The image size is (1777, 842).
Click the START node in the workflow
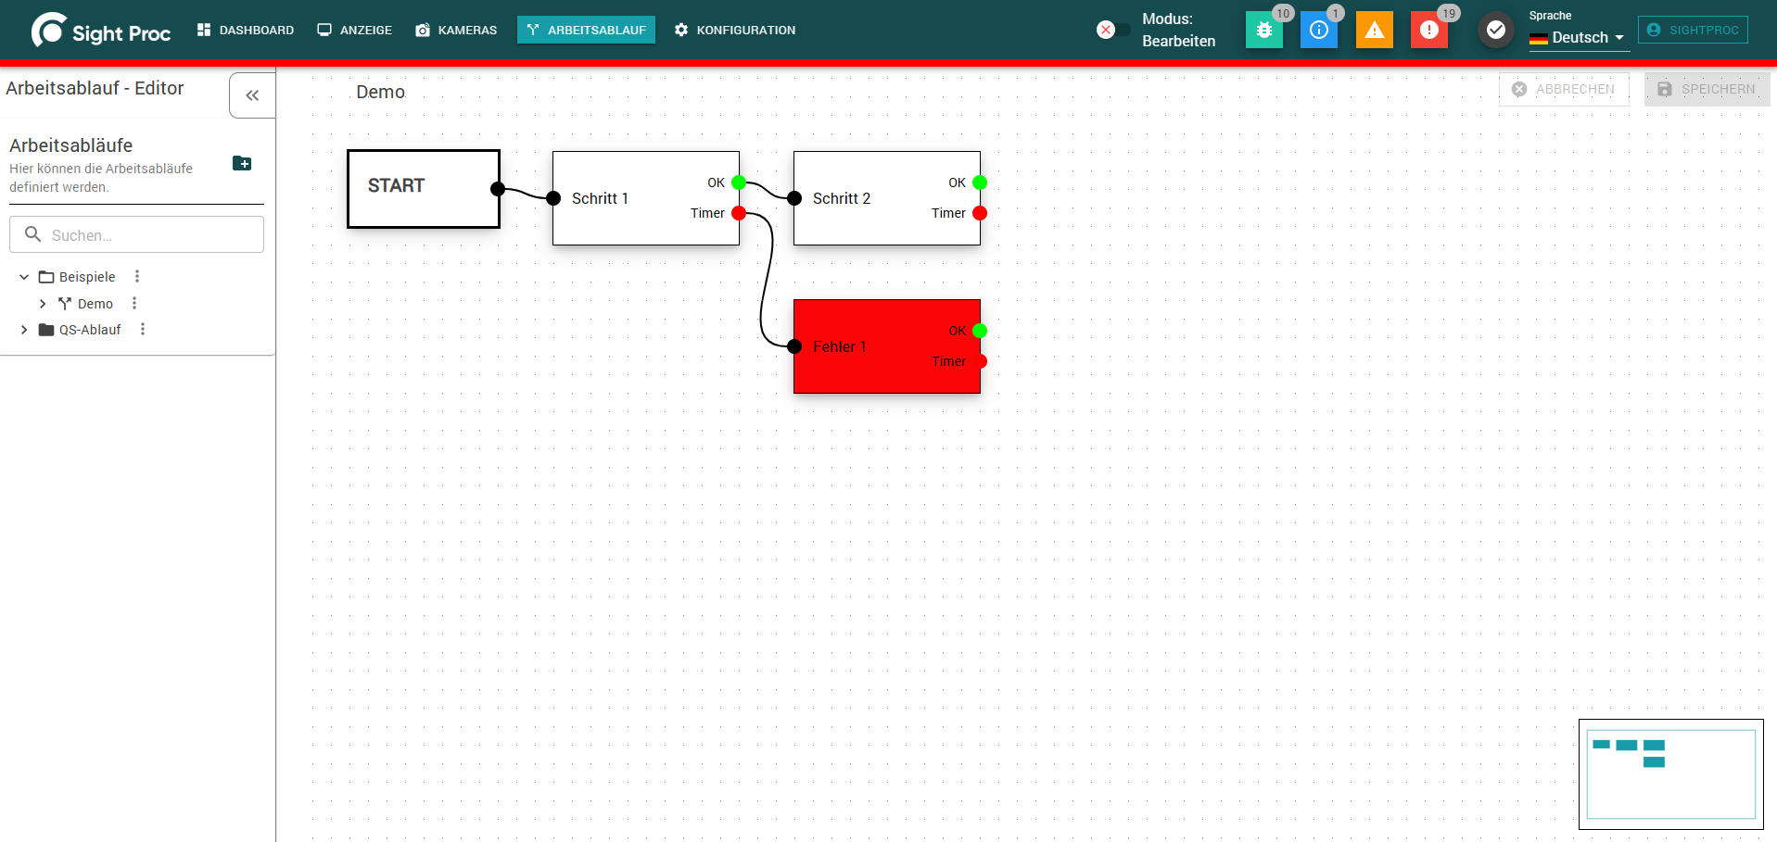pyautogui.click(x=424, y=189)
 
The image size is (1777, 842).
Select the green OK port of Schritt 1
pyautogui.click(x=739, y=182)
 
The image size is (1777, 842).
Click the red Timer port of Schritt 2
pyautogui.click(x=980, y=213)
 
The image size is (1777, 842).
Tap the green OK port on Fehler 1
pyautogui.click(x=980, y=331)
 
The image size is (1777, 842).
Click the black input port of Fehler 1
pyautogui.click(x=794, y=346)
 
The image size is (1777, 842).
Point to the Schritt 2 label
pyautogui.click(x=842, y=198)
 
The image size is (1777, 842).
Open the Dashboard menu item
pyautogui.click(x=246, y=30)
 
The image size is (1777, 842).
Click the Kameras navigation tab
pyautogui.click(x=456, y=30)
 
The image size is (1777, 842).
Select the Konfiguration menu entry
pyautogui.click(x=735, y=30)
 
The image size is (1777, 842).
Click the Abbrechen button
pyautogui.click(x=1564, y=89)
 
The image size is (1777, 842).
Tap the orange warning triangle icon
pyautogui.click(x=1375, y=30)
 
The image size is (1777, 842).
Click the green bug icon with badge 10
pyautogui.click(x=1264, y=30)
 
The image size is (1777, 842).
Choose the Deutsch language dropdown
pyautogui.click(x=1579, y=38)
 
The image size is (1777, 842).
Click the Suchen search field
pyautogui.click(x=137, y=234)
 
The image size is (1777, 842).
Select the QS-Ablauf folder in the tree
pyautogui.click(x=90, y=330)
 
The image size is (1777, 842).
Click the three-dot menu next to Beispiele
pyautogui.click(x=137, y=276)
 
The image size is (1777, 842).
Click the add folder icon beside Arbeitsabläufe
pyautogui.click(x=242, y=163)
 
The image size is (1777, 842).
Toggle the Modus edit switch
pyautogui.click(x=1112, y=30)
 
